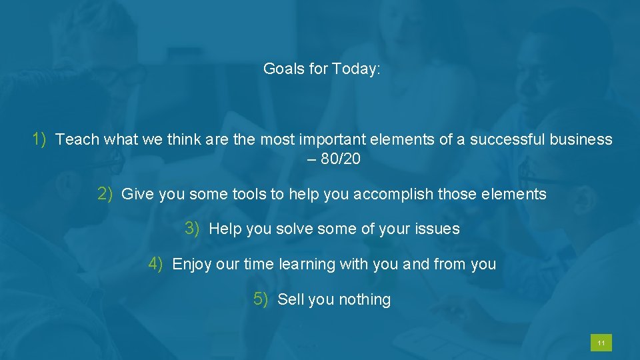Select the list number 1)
click(x=39, y=139)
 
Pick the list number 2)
click(x=105, y=194)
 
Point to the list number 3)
click(x=192, y=229)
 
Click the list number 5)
click(x=261, y=299)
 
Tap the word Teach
click(x=77, y=139)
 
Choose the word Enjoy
click(x=192, y=265)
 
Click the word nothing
click(x=364, y=300)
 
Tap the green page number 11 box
click(x=601, y=343)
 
